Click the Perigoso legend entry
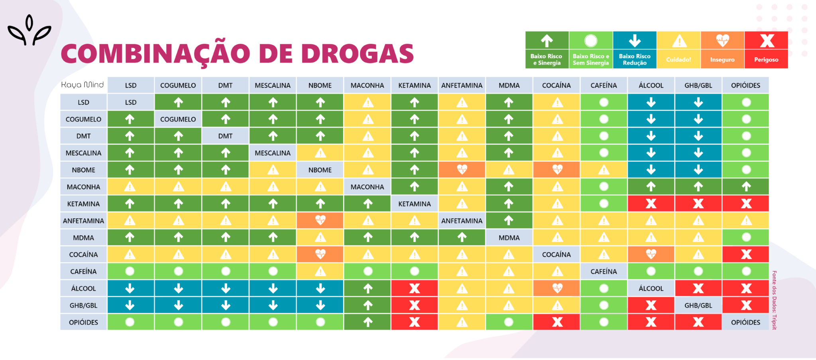point(766,50)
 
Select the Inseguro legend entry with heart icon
point(722,50)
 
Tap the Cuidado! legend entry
point(678,50)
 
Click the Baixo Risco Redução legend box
point(634,50)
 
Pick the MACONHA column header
point(367,85)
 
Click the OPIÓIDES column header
point(745,85)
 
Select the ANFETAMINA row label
point(83,221)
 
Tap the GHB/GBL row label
point(83,305)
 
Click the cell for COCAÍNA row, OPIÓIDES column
point(746,254)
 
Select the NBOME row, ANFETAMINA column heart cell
point(462,170)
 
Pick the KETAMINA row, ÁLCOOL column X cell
point(651,203)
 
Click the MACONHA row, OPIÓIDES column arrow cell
point(746,186)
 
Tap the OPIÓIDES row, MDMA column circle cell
point(509,322)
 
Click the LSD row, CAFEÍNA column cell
point(604,102)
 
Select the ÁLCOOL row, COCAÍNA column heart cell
point(557,288)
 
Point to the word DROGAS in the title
point(357,54)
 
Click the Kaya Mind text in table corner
point(82,85)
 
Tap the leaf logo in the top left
point(29,31)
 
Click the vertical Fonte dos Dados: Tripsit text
point(774,300)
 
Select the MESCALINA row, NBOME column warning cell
point(320,153)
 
